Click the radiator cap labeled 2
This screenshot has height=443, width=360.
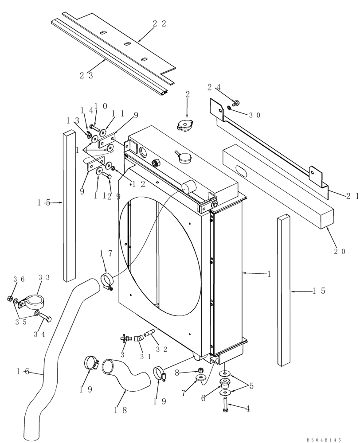tap(185, 126)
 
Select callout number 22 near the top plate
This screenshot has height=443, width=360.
tap(159, 24)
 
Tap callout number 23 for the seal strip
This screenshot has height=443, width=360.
tap(86, 75)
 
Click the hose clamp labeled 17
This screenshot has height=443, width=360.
tap(107, 282)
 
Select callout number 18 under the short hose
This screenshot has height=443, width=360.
tap(121, 410)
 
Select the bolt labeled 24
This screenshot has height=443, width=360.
tap(235, 103)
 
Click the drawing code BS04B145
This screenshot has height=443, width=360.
tap(324, 439)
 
